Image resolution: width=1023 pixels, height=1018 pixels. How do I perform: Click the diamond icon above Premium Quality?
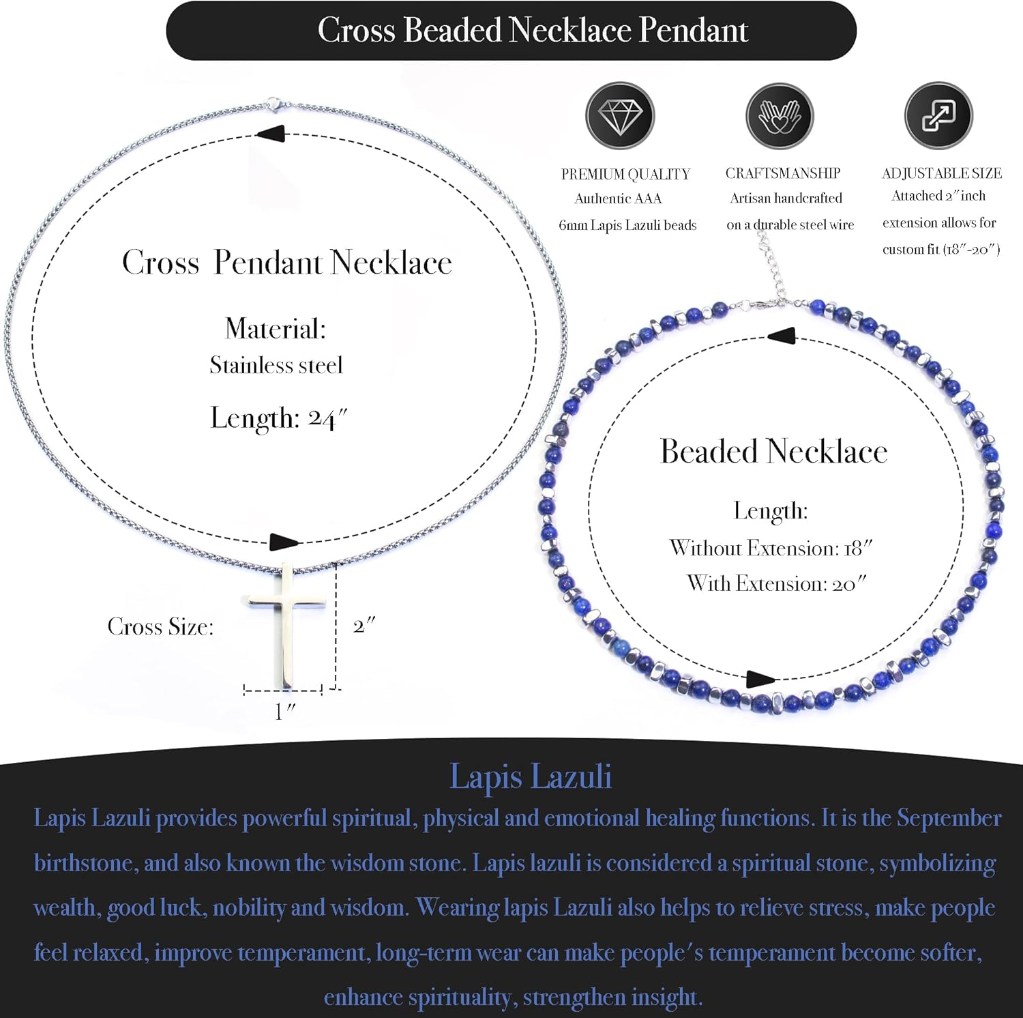pos(619,116)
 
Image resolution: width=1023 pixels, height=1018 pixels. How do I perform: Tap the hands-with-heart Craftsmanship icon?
pos(779,116)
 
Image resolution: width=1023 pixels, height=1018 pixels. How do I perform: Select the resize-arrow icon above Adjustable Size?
pos(938,116)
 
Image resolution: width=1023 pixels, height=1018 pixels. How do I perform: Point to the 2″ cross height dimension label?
pos(364,625)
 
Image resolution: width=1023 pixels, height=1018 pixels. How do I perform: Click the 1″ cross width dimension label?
pos(284,711)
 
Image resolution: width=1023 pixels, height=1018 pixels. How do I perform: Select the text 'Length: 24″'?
pos(278,418)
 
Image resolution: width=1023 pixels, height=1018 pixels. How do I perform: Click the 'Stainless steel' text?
pos(276,365)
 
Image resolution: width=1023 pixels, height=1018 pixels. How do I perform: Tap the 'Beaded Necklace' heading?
pos(773,451)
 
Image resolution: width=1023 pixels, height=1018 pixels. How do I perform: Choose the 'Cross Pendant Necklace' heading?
pos(286,263)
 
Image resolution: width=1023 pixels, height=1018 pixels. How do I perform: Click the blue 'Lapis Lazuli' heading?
pos(530,776)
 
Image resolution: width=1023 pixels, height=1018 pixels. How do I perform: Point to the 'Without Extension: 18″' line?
pos(771,548)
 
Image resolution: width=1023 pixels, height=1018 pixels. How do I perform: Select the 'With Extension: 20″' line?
pos(776,583)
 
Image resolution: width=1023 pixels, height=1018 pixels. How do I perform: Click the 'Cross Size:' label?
pos(160,626)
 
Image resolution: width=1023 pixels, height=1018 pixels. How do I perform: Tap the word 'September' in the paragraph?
pos(949,817)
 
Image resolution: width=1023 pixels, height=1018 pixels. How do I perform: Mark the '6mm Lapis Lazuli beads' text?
pos(627,225)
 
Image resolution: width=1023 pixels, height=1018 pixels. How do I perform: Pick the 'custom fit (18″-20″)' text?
pos(941,249)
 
